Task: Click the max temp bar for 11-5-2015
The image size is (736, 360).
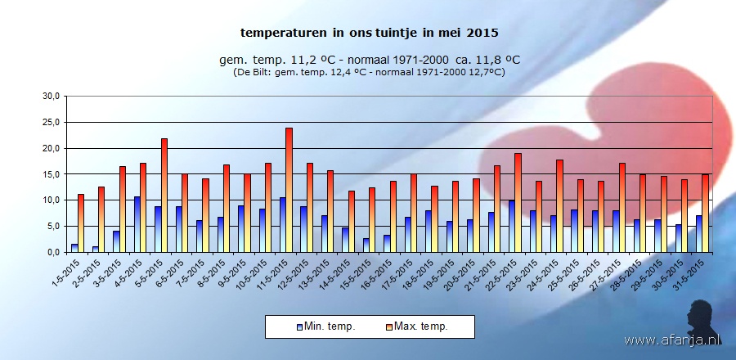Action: [x=289, y=190]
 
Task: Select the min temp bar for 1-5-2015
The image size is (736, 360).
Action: [x=74, y=248]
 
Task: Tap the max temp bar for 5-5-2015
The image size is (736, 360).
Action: [x=164, y=196]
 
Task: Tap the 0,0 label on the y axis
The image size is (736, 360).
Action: [x=53, y=252]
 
